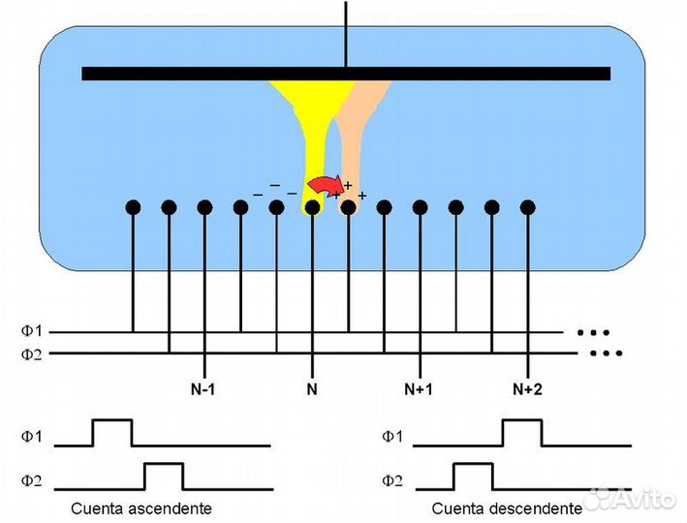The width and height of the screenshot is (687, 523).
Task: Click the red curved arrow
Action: coord(325,184)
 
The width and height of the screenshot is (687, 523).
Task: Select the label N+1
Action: coord(420,388)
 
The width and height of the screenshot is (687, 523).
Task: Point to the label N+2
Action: coord(527,388)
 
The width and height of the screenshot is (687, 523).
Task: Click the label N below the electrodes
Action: coord(312,388)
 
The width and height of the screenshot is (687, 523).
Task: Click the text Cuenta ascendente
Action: coord(141,508)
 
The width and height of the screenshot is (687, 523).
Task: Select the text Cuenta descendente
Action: coord(507,508)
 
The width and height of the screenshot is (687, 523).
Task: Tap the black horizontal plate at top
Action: coord(346,74)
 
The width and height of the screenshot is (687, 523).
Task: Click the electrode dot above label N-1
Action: coord(204,206)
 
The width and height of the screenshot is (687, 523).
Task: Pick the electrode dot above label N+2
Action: coord(528,206)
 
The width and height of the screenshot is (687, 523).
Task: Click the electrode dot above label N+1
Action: coord(421,206)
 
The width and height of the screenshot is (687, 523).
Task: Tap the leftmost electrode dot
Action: coord(133,206)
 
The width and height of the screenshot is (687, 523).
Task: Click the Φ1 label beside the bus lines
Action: coord(33,331)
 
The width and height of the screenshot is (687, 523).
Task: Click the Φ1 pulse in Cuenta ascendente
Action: coord(111,432)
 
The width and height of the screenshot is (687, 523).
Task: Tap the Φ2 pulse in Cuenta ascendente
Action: coord(164,476)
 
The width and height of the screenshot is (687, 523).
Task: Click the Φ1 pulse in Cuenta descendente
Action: coord(522,432)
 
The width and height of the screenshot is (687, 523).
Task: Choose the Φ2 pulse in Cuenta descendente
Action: coord(473,476)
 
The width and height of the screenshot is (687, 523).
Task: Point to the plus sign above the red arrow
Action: coord(347,184)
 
